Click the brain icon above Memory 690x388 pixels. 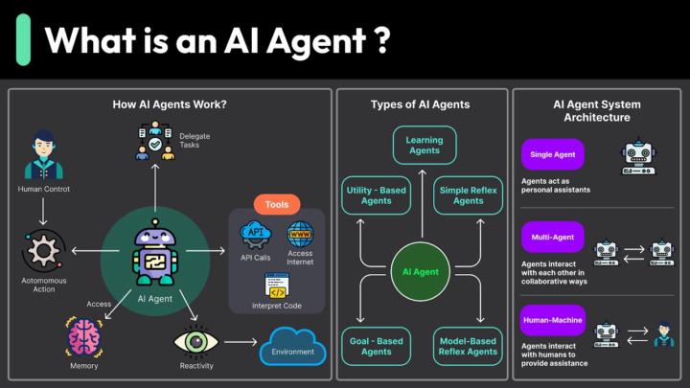pyautogui.click(x=84, y=337)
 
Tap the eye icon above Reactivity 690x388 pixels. pyautogui.click(x=195, y=341)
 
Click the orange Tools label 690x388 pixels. pyautogui.click(x=277, y=204)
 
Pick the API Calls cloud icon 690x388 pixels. pyautogui.click(x=256, y=234)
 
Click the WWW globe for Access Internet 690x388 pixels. pyautogui.click(x=300, y=234)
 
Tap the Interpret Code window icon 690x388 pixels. pyautogui.click(x=278, y=285)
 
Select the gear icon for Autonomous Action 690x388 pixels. pyautogui.click(x=43, y=252)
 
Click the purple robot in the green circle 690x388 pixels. pyautogui.click(x=154, y=255)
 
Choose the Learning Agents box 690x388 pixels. pyautogui.click(x=425, y=145)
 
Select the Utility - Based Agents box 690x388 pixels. pyautogui.click(x=376, y=195)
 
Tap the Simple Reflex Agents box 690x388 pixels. pyautogui.click(x=468, y=195)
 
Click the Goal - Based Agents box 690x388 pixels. pyautogui.click(x=376, y=346)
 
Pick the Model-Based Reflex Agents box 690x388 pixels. pyautogui.click(x=468, y=346)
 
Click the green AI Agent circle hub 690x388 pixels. pyautogui.click(x=420, y=272)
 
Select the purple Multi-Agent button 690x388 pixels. pyautogui.click(x=552, y=236)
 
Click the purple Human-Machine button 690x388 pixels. pyautogui.click(x=552, y=319)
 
